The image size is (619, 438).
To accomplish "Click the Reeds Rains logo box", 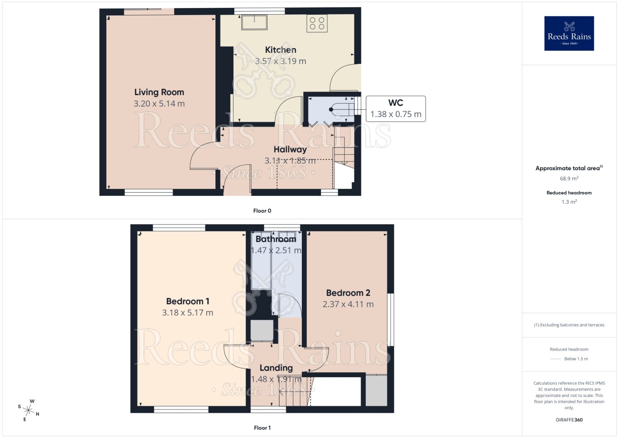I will pos(569,33).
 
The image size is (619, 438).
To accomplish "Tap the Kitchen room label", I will pos(280,50).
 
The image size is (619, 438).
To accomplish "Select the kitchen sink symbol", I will pos(254,22).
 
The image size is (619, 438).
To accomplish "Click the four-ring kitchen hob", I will pos(317,23).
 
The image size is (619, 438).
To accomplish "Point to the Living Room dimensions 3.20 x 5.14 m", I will pos(159,104).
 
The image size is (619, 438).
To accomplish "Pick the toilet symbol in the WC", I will pos(340,109).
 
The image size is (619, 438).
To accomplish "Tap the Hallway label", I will pos(290,149).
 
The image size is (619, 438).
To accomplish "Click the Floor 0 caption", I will pos(262,211).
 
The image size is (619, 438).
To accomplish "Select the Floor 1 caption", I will pos(262,428).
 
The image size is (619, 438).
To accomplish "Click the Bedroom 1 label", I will pos(188,301).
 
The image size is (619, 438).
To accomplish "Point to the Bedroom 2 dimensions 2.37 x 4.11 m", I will pos(348,305).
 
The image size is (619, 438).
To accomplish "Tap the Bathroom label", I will pos(276,239).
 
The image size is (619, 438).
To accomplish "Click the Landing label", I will pos(276,368).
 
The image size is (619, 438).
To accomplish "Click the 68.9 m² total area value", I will pos(569,179).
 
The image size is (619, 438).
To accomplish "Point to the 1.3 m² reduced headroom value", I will pos(569,202).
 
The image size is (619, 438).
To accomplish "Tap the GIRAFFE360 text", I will pos(569,420).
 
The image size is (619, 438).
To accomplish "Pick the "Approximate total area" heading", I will pos(568,168).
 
